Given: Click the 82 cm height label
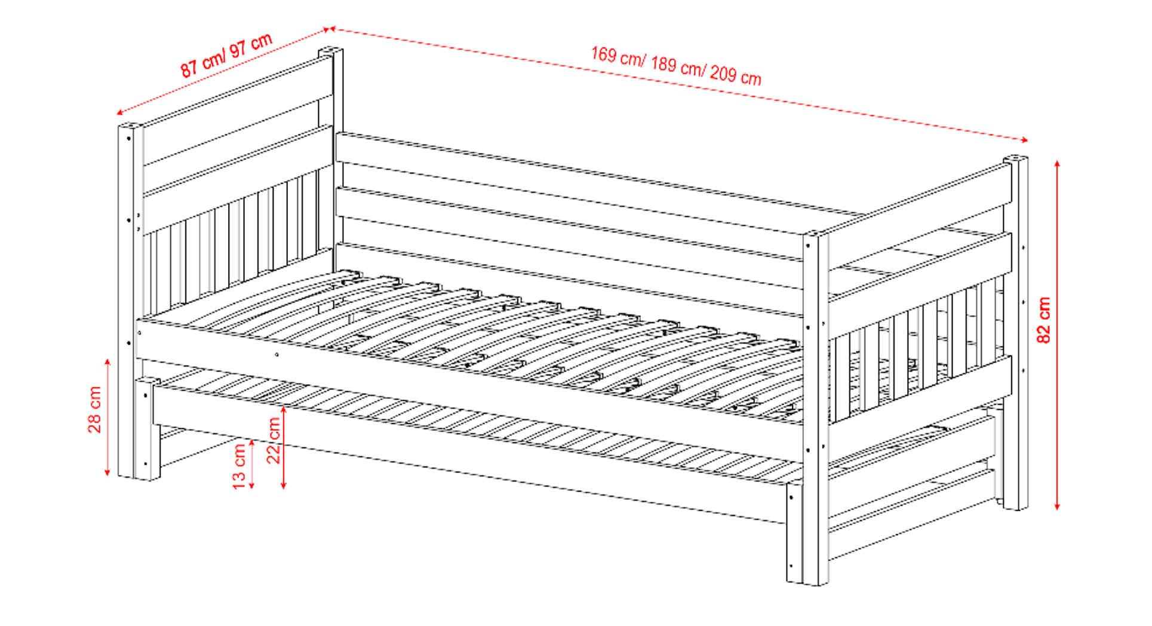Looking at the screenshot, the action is pos(1044,320).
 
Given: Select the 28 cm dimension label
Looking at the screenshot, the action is pos(95,410).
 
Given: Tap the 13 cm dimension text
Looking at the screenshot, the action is pos(239,467).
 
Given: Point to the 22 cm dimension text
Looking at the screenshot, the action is pos(274,440).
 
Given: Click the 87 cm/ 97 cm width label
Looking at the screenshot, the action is pos(226,55).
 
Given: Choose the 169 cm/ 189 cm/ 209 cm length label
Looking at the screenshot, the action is pos(676,66).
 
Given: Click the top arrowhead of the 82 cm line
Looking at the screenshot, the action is pos(1057,164).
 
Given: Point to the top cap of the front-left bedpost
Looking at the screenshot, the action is pos(130,127).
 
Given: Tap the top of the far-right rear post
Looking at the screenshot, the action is pos(1015,159).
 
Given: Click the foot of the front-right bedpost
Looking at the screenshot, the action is pos(816,582).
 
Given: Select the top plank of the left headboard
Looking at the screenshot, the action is pos(238,111).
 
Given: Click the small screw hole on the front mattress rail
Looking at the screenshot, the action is pos(277,355).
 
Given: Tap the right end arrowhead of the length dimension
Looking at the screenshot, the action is pos(1024,140).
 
